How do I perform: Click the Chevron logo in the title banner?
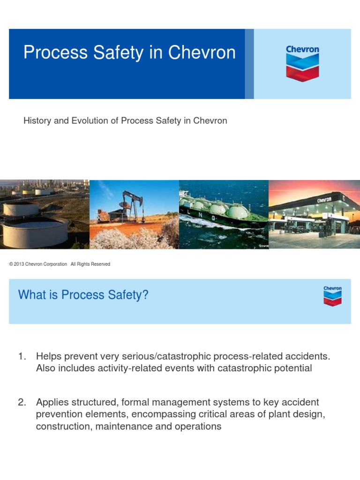[302, 63]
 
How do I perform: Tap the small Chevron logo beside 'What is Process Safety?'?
[332, 296]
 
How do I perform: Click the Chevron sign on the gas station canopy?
[324, 200]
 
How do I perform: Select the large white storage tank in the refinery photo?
[35, 233]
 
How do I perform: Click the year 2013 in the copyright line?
[19, 264]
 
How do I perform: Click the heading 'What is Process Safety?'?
[83, 295]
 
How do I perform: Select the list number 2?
[22, 402]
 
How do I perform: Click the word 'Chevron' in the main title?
[202, 52]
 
